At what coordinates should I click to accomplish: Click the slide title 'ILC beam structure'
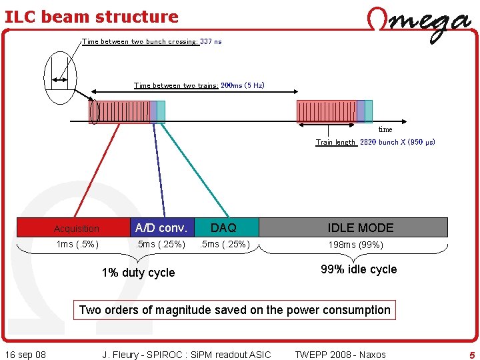tap(91, 17)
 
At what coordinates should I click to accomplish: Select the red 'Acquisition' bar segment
tap(73, 228)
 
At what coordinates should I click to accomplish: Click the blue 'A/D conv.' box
tap(161, 227)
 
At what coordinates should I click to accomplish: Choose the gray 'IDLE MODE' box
tap(361, 227)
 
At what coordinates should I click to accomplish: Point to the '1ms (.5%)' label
tap(77, 245)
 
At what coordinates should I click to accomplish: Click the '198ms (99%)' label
tap(355, 245)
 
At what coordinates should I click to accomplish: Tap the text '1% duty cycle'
tap(138, 273)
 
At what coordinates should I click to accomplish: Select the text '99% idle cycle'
tap(359, 269)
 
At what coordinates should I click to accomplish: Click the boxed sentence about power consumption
tap(235, 310)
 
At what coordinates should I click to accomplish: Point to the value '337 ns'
tap(211, 41)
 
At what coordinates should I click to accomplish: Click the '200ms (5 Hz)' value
tap(243, 85)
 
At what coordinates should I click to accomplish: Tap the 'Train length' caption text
tap(335, 142)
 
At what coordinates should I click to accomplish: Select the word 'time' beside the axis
tap(385, 129)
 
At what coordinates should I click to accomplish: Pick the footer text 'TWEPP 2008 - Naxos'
tap(340, 355)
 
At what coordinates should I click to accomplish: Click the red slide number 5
tap(472, 355)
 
